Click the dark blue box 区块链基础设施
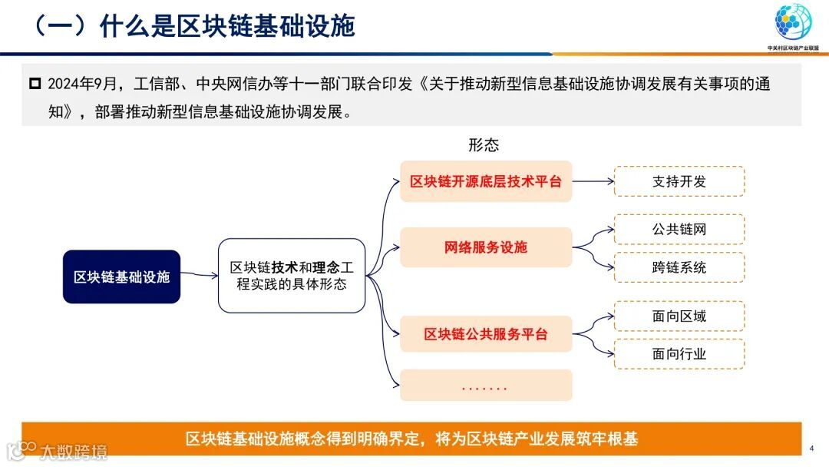[x=121, y=277]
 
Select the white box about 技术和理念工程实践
[x=292, y=276]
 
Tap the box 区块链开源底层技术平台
[x=486, y=182]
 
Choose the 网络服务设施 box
[x=486, y=247]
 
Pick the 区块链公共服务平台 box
[x=486, y=334]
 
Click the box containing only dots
[x=486, y=386]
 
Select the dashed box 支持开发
[x=679, y=181]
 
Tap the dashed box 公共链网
[x=679, y=229]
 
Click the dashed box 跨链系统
[x=679, y=267]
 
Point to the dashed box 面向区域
[x=679, y=316]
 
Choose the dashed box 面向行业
[x=679, y=354]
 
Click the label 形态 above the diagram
[x=484, y=145]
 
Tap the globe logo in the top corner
[x=793, y=23]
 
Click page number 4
[x=812, y=449]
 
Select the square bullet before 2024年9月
[x=35, y=83]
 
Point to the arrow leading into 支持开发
[x=593, y=182]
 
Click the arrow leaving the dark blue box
[x=199, y=275]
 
